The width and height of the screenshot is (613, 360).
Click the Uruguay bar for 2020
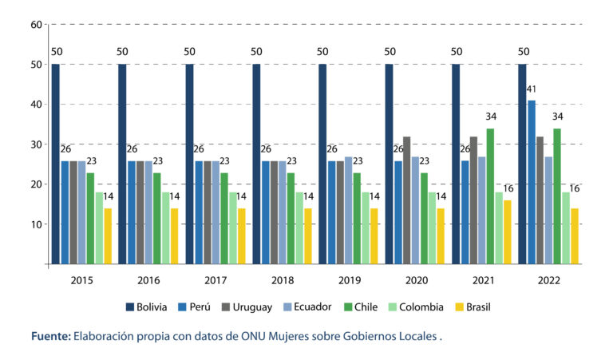tap(406, 200)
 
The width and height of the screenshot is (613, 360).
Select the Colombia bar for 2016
tap(165, 227)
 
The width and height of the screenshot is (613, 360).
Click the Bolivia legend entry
tap(152, 307)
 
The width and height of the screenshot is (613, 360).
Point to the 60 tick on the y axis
tap(36, 24)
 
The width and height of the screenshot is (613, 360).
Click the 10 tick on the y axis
tap(36, 224)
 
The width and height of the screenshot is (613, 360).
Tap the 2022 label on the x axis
tap(548, 281)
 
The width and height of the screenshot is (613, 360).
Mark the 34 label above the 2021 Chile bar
tap(489, 117)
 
